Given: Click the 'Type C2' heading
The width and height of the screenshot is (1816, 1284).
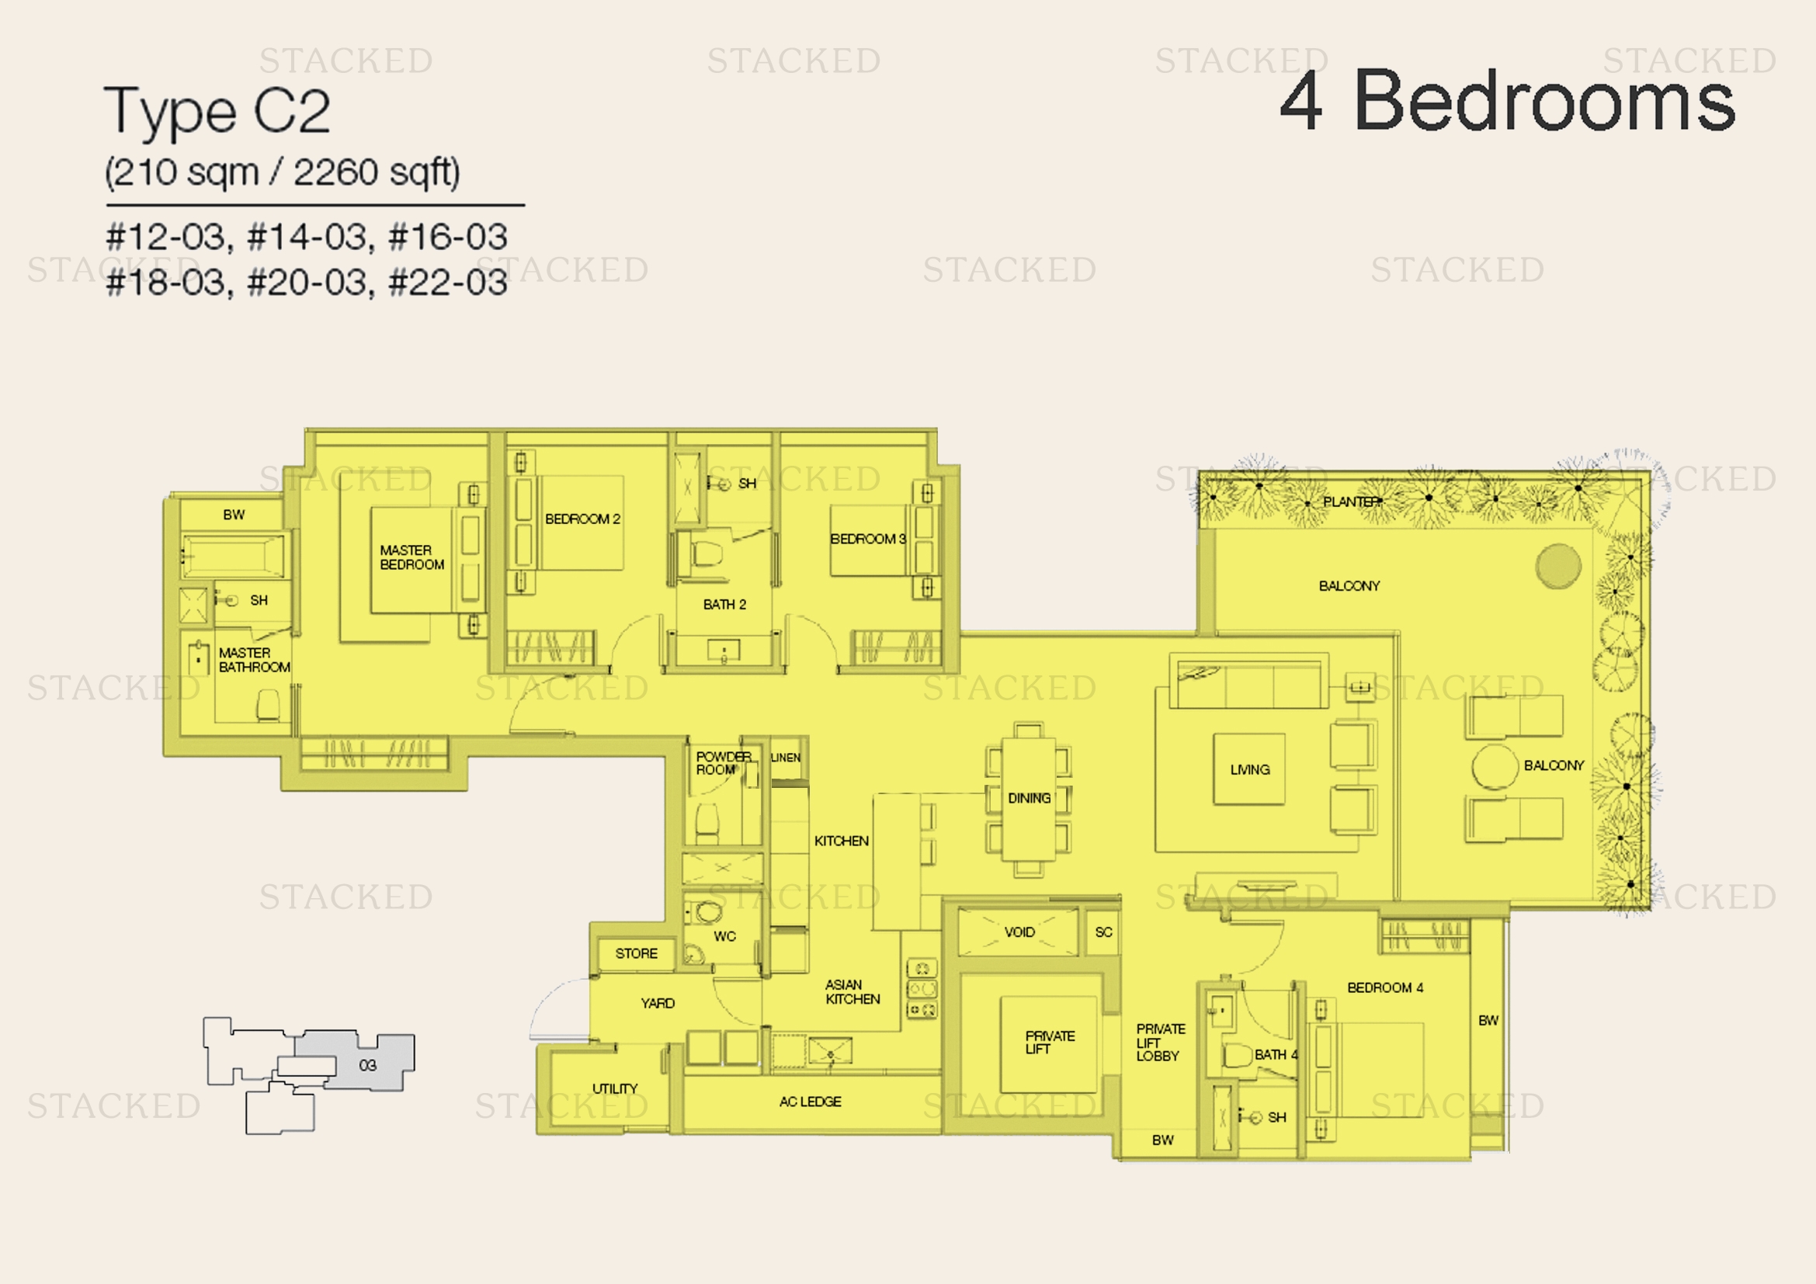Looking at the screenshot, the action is coord(217,112).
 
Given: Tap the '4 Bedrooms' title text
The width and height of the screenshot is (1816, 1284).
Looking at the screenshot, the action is coord(1507,101).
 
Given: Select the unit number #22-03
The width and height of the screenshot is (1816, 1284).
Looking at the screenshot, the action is coord(449,283).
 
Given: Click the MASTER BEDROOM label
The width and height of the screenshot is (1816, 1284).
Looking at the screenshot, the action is coord(411,557).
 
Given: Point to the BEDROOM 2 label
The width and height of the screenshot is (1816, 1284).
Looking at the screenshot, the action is coord(582,519).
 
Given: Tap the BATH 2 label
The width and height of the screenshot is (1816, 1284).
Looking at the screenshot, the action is coord(724,605).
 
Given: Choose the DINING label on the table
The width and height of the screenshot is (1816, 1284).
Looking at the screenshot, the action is coord(1029,799).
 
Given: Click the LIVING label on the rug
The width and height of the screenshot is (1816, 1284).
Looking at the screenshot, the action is coord(1250,769).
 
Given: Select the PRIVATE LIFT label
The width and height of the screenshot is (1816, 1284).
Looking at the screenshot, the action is coord(1050,1042).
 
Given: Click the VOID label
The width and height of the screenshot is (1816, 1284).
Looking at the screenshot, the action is coord(1019,932).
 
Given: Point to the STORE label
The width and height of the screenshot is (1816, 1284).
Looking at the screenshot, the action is coord(636,953).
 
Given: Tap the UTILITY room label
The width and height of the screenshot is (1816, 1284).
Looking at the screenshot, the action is coord(615,1088).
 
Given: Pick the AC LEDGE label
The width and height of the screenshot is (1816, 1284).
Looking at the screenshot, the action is coord(810,1102).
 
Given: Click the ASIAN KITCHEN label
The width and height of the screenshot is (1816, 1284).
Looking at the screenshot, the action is coord(852,991).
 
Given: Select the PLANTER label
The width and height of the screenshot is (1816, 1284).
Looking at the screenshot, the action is coord(1352,501).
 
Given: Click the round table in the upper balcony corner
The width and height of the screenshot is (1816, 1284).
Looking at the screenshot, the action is coord(1558,566).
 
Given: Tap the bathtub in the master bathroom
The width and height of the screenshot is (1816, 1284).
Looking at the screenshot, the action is coord(234,555).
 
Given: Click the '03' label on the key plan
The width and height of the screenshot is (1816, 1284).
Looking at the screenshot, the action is coord(368,1065).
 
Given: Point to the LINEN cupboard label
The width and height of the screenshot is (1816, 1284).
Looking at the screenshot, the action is coord(786,758).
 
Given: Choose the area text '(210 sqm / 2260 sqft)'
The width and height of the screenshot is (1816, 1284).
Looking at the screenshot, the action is coord(283,172).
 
